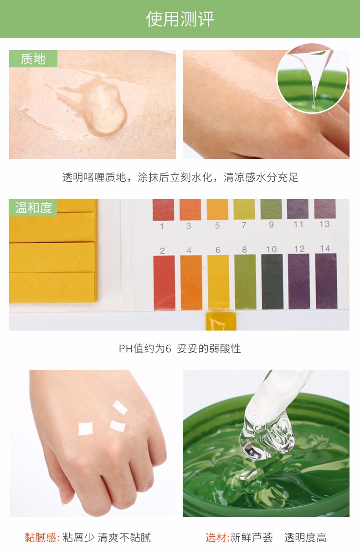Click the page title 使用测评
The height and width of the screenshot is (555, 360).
point(180,19)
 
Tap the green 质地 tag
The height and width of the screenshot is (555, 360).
point(33,59)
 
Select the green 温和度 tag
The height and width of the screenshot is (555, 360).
point(33,208)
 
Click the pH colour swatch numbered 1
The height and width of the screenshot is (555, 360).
point(163,209)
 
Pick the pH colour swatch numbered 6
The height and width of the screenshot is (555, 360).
point(218,282)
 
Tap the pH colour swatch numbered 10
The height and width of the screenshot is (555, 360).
point(272,281)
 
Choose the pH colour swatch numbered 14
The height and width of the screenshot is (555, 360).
point(326,281)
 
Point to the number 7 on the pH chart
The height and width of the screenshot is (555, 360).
point(244,225)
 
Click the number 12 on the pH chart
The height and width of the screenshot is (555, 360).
point(299,249)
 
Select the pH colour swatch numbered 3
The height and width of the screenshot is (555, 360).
point(190,209)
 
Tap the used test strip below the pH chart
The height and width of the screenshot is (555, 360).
point(221,321)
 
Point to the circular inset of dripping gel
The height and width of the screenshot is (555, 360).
point(312,78)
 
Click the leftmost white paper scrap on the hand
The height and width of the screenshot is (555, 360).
point(86,429)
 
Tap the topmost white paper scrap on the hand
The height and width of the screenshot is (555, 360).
point(120,407)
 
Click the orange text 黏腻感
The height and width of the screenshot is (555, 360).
point(42,537)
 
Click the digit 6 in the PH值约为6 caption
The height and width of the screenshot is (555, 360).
point(168,349)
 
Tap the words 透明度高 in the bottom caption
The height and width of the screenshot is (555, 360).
point(305,537)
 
